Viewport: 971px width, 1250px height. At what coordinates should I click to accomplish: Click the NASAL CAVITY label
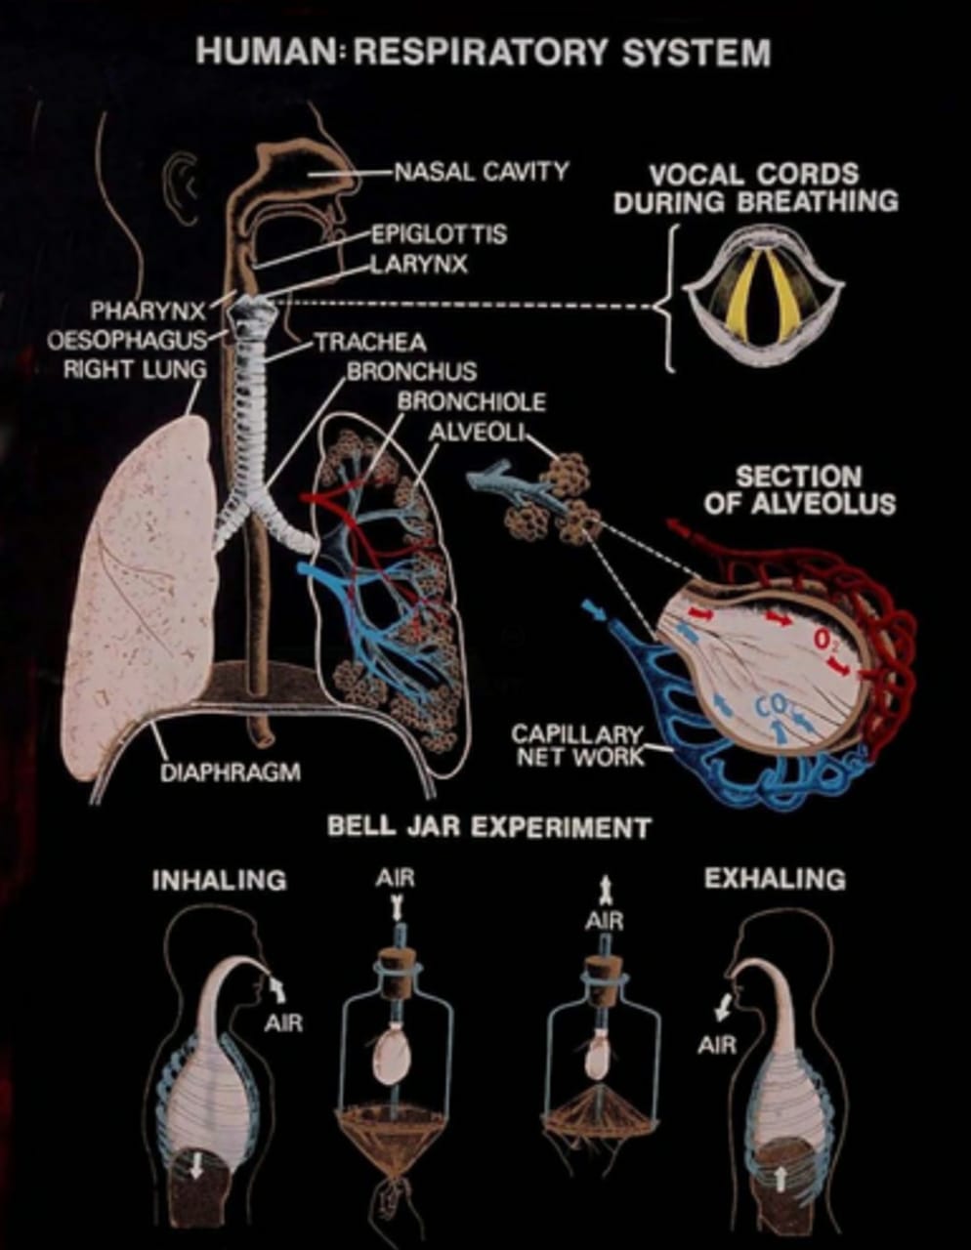481,172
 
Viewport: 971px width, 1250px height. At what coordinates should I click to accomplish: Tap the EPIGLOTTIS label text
439,234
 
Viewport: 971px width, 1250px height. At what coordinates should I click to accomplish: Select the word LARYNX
419,264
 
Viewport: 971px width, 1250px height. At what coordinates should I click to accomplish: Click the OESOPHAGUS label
127,340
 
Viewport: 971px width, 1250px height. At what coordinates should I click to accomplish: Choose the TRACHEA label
370,343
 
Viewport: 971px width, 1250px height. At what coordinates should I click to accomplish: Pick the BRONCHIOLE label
471,401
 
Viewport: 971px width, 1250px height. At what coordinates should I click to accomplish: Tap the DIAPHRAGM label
230,772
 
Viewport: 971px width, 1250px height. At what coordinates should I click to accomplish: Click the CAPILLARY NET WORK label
578,745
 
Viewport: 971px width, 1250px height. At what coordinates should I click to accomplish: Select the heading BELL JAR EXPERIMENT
488,827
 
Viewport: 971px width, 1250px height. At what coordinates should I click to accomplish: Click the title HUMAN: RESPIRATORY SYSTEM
484,52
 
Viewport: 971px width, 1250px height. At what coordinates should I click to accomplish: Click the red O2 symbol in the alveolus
824,640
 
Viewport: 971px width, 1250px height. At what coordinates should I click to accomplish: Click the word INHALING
219,880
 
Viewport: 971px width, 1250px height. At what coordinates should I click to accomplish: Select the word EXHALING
775,879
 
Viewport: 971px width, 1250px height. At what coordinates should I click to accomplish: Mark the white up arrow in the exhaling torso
780,1177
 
